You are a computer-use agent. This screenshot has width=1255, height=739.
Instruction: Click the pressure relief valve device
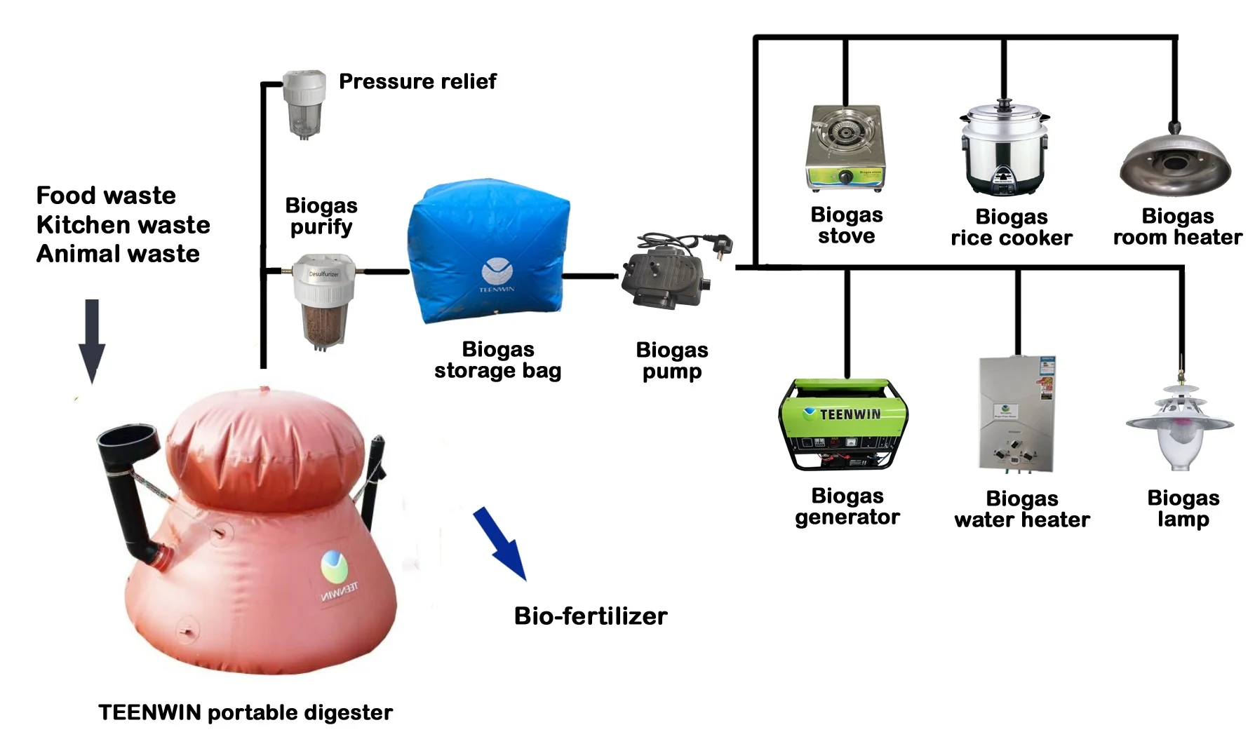tap(304, 103)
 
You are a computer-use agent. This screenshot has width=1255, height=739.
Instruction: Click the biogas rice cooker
tap(1005, 149)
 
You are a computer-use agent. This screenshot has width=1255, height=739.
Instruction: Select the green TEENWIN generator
tap(843, 425)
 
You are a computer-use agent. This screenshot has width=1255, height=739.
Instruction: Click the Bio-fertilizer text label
tap(590, 616)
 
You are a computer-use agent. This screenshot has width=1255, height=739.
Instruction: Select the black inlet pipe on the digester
tap(133, 491)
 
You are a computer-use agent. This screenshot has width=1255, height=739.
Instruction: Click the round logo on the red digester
tap(335, 567)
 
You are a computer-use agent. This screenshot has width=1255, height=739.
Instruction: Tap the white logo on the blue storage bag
tap(497, 271)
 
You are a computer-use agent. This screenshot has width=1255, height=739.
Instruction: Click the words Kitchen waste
tap(123, 224)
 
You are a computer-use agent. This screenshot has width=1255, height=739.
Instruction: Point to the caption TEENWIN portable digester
tap(246, 712)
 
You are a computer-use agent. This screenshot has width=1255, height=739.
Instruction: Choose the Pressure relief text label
tap(417, 81)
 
